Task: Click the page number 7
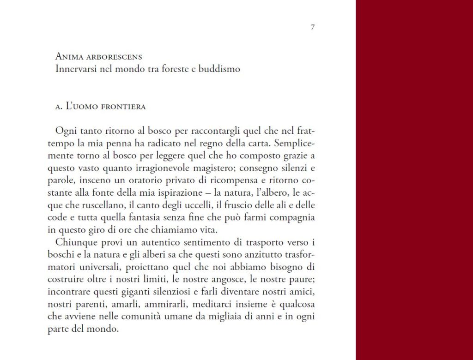[313, 27]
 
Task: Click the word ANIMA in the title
[69, 57]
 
